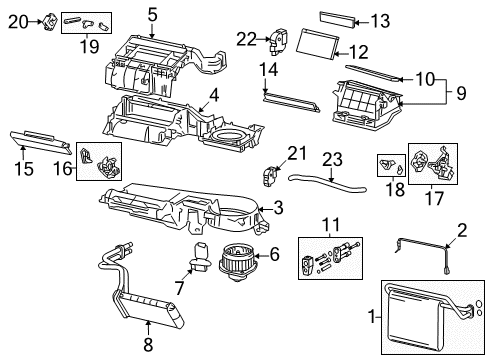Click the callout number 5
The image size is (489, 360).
tap(152, 14)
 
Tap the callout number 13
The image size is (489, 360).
tap(381, 21)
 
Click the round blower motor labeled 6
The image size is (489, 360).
tap(237, 261)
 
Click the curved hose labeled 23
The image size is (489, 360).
tap(325, 183)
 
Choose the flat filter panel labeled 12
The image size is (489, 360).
tap(321, 44)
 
